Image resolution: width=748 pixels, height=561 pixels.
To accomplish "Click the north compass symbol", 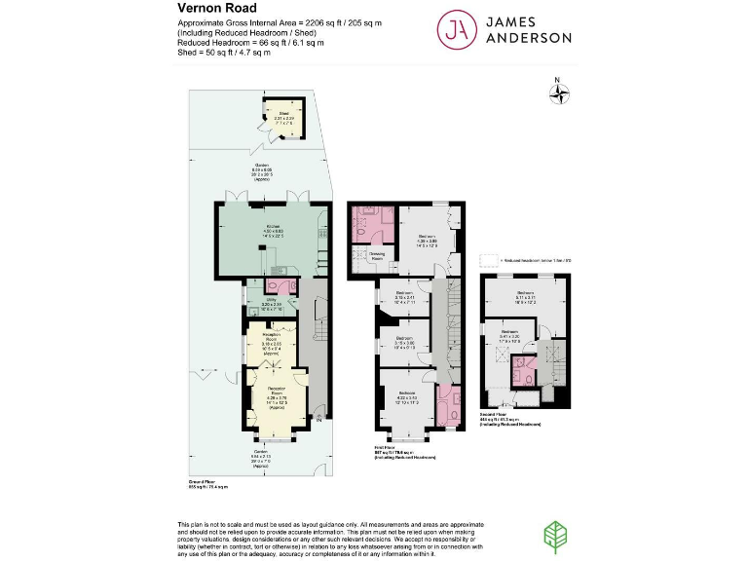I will (x=559, y=93).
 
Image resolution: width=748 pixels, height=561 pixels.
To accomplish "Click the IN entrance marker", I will (x=318, y=421).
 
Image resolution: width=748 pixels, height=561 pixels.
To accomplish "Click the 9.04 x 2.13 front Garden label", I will (x=260, y=456).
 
